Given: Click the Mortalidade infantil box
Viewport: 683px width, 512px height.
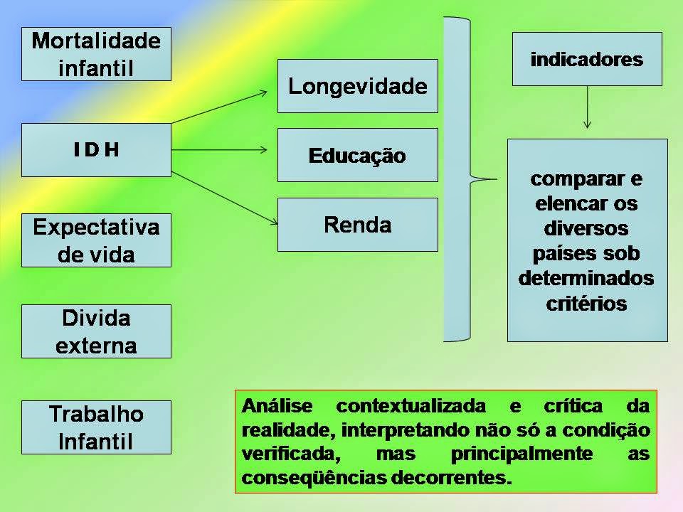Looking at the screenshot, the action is (96, 54).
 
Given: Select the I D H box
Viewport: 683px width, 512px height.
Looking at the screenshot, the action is (96, 150).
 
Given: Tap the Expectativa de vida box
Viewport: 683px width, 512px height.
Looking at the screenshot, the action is (96, 240).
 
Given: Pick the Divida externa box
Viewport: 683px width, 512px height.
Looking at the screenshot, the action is (96, 331).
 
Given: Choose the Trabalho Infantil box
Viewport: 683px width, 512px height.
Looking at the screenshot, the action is (96, 427).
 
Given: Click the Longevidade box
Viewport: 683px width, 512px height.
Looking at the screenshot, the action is (357, 86).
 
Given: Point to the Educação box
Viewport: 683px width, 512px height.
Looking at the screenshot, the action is (357, 155).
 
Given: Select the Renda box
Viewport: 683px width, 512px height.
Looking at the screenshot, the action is (357, 225).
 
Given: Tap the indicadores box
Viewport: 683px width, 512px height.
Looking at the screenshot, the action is (587, 59).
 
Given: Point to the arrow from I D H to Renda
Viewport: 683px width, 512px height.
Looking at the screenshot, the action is (223, 197).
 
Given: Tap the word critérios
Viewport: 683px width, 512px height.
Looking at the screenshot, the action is (587, 304).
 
